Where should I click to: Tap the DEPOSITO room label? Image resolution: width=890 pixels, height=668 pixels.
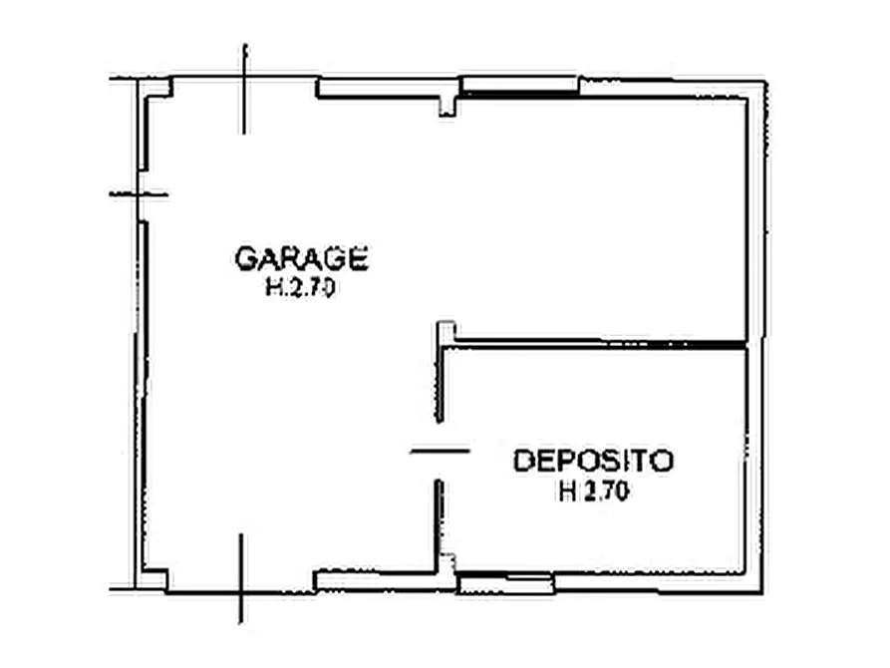tap(594, 462)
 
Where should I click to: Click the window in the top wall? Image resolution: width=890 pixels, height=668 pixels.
tap(519, 87)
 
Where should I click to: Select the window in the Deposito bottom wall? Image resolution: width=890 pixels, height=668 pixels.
tap(506, 583)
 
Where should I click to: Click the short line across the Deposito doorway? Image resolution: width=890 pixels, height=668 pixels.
tap(440, 451)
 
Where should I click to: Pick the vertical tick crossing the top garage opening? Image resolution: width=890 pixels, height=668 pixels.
tap(244, 89)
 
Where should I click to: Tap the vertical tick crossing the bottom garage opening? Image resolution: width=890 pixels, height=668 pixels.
tap(240, 579)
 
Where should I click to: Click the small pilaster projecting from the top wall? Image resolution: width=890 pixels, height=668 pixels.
tap(447, 104)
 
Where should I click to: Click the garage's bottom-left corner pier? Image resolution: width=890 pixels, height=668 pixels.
tap(154, 577)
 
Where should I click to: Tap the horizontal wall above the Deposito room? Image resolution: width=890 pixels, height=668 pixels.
tap(598, 344)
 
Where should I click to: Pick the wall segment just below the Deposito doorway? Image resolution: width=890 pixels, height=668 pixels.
tap(439, 518)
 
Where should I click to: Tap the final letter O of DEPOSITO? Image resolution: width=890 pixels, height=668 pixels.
tap(664, 462)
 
